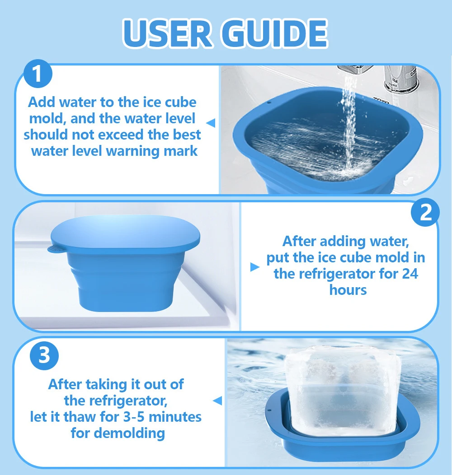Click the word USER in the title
(x=167, y=33)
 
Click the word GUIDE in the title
(x=275, y=33)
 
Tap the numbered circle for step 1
(x=38, y=74)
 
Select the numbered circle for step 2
(x=425, y=212)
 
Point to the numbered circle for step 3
(x=44, y=355)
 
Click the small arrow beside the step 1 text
(x=211, y=123)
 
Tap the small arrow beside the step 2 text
(x=255, y=267)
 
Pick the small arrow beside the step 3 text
(x=217, y=400)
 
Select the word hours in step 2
(x=348, y=290)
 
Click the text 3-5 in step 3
(x=134, y=417)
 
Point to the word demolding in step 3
(x=130, y=433)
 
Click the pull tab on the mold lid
(x=55, y=249)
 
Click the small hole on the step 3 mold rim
(x=269, y=411)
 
